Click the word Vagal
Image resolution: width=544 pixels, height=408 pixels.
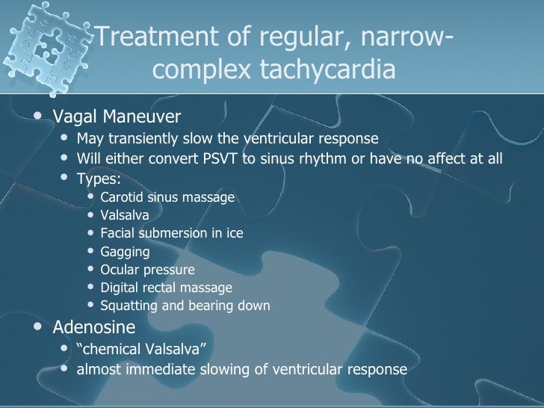(74, 117)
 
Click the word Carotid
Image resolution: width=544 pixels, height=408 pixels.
(120, 198)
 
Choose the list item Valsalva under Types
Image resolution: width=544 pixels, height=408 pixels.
(124, 216)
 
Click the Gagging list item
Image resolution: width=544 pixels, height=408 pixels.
(125, 252)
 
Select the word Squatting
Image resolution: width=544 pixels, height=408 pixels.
(128, 306)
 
